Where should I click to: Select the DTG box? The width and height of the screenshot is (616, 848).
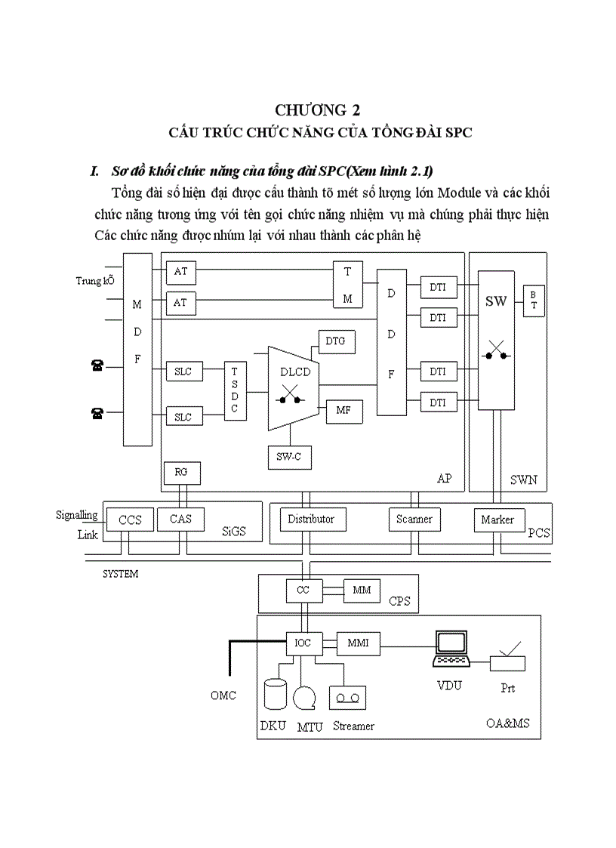click(335, 341)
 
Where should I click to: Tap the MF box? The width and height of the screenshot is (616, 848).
click(343, 411)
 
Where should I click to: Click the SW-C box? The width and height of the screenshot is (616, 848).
click(289, 457)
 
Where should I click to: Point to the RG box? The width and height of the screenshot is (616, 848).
click(181, 473)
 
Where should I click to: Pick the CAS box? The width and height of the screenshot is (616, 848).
click(180, 520)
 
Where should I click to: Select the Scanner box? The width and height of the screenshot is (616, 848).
click(414, 520)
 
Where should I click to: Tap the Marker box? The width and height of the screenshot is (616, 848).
click(497, 520)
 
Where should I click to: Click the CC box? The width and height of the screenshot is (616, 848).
click(303, 590)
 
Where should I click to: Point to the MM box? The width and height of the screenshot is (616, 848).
click(362, 590)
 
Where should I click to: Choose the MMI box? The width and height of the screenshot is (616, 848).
click(358, 643)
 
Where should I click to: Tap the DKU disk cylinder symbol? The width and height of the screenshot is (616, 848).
click(276, 694)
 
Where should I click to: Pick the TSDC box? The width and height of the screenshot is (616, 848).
click(235, 390)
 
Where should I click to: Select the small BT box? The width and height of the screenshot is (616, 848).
click(533, 300)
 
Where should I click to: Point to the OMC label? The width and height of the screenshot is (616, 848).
click(223, 695)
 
